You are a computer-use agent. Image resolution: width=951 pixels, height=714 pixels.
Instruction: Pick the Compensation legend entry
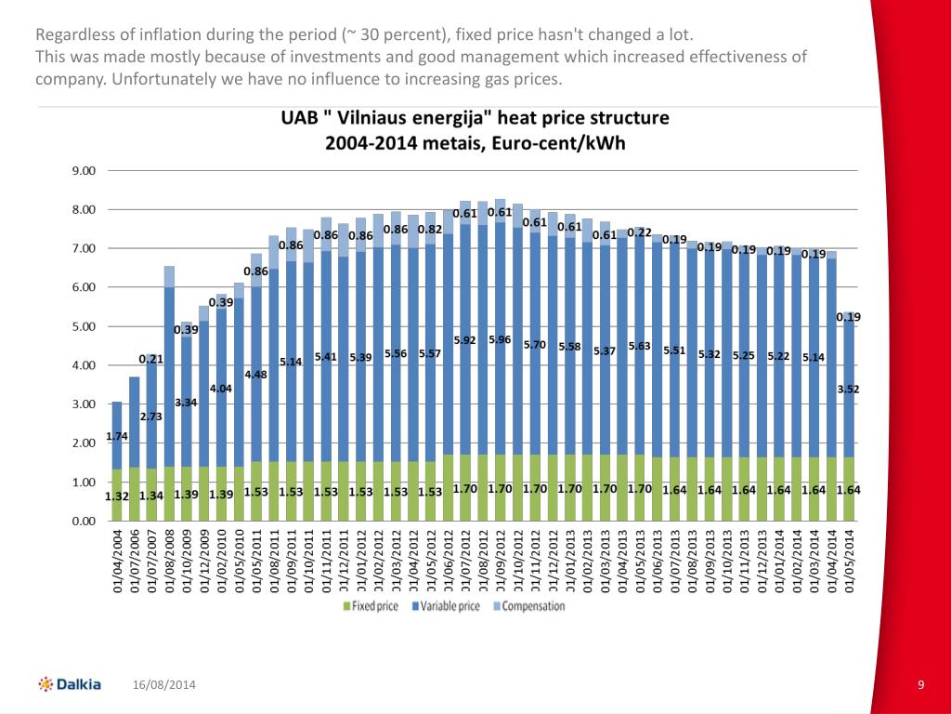[x=528, y=606]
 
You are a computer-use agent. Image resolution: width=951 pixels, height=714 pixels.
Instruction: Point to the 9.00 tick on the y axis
[x=84, y=171]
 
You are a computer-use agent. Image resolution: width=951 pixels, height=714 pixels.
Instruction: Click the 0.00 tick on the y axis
[x=84, y=522]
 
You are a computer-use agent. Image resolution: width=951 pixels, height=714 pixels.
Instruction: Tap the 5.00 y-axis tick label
[x=84, y=327]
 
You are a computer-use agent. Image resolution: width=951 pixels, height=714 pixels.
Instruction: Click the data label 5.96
[x=500, y=339]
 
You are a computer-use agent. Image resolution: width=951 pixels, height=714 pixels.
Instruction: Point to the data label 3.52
[x=847, y=390]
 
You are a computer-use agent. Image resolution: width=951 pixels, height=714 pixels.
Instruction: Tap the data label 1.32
[x=116, y=496]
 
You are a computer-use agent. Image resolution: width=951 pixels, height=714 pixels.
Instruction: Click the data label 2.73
[x=151, y=416]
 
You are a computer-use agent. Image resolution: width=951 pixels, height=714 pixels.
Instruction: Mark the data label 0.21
[x=150, y=359]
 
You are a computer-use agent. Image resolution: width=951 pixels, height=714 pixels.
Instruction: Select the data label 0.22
[x=639, y=232]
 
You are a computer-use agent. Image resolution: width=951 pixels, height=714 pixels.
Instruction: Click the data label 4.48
[x=256, y=374]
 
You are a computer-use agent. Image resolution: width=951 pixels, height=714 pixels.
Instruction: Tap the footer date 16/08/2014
[x=163, y=685]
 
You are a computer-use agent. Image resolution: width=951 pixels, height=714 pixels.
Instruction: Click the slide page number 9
[x=920, y=685]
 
